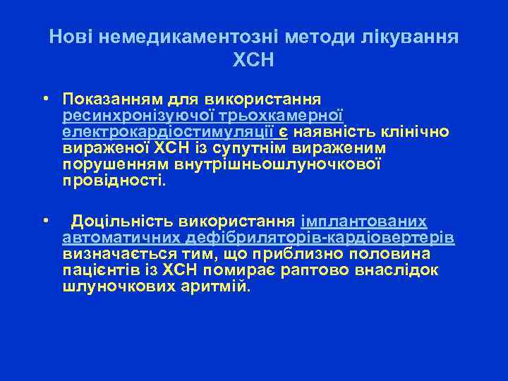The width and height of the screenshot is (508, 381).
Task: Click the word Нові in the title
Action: [70, 36]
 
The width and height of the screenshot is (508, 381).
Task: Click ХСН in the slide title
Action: [253, 60]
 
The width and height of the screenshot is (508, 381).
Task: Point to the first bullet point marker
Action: [44, 97]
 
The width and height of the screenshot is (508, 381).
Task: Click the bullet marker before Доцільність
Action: [44, 220]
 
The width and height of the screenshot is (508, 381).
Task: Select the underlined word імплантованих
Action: [364, 221]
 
